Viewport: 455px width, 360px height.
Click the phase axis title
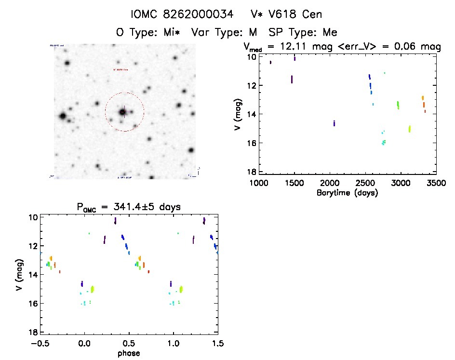click(129, 353)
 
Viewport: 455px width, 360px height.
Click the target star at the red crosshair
click(123, 112)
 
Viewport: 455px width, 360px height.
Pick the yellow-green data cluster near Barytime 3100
click(409, 129)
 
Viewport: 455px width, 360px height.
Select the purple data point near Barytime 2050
click(334, 123)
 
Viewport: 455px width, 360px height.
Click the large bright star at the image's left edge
click(62, 116)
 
